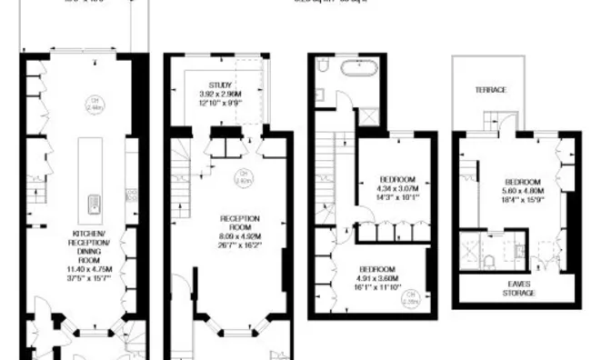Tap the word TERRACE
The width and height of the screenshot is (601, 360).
(489, 90)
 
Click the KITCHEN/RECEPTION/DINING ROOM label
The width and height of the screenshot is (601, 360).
(90, 244)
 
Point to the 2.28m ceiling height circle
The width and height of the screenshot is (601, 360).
(412, 295)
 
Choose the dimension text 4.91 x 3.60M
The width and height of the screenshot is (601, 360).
(377, 279)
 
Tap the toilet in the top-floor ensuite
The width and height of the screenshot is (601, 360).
(488, 262)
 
